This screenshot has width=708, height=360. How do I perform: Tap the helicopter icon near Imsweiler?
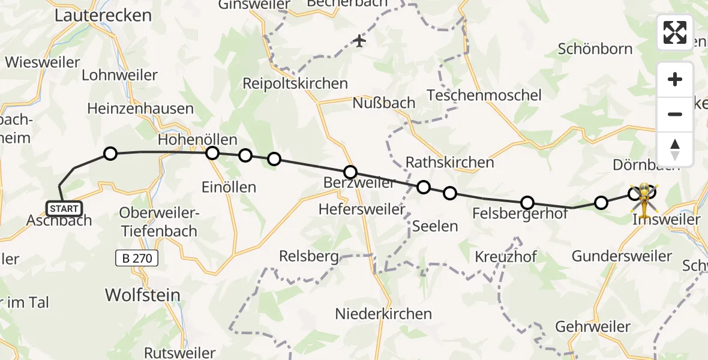coord(644,199)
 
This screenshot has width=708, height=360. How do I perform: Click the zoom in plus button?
coord(675,79)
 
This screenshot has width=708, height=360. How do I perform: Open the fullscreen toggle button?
coord(675,32)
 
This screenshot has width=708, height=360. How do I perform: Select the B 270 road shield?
coord(137,259)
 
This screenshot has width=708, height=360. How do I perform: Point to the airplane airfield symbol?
coord(359,41)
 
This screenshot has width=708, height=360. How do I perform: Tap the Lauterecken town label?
coord(103,16)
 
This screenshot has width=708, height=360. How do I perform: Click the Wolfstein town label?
coord(143,295)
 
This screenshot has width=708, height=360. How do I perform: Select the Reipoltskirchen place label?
coord(295,83)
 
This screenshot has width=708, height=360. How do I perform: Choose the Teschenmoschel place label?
coord(484,95)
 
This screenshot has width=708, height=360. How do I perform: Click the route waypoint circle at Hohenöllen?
coord(212,153)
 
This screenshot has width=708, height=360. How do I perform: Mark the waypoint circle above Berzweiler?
coord(350,172)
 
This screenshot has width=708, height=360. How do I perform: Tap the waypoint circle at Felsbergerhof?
coord(527,202)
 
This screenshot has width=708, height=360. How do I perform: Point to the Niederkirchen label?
coord(383,313)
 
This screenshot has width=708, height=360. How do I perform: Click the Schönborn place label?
coord(595,49)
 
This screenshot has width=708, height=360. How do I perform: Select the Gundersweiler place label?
coord(622,256)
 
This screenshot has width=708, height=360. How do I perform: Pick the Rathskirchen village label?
coord(449,162)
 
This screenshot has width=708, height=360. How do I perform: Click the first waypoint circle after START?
coord(110,154)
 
